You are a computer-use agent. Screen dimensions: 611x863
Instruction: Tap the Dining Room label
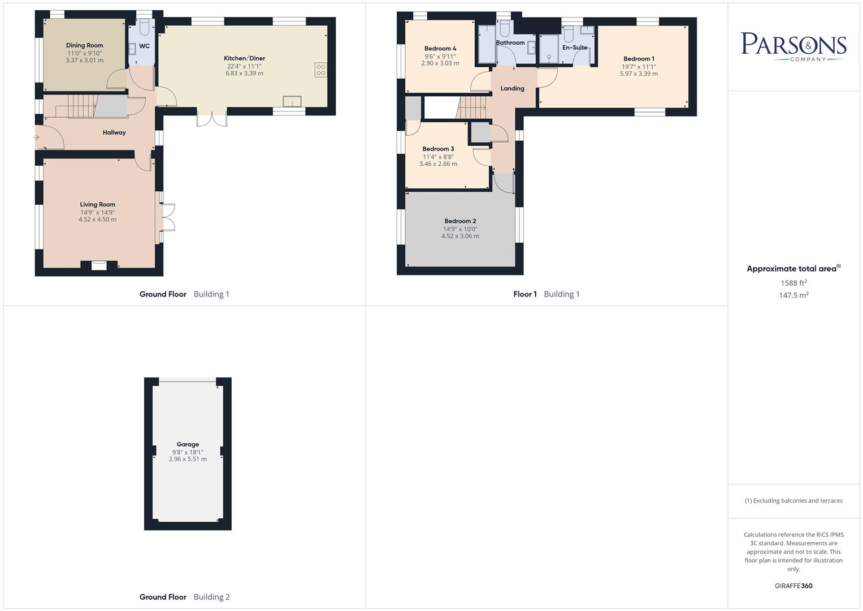coord(85,45)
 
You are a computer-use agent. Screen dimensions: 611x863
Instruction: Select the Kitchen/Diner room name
coord(244,58)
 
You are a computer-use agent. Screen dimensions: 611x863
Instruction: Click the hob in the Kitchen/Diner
coord(321,70)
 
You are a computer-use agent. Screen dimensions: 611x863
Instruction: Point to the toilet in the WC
coord(145,27)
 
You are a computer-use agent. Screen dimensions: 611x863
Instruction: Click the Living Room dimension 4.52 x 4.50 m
coord(97,220)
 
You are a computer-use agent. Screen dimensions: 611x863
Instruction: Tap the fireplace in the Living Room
coord(99,264)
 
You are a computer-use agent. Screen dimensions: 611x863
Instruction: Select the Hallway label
coord(114,132)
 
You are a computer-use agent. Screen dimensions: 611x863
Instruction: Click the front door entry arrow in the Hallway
coord(37,137)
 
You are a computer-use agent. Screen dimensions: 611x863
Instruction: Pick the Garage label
coord(188,445)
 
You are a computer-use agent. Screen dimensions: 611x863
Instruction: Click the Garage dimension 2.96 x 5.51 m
coord(188,459)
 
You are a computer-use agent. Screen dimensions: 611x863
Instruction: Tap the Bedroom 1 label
coord(639,59)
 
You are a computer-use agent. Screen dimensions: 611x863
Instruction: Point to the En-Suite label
coord(575,48)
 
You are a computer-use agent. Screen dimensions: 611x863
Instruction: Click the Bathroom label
coord(510,42)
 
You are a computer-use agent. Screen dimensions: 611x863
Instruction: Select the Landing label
coord(512,88)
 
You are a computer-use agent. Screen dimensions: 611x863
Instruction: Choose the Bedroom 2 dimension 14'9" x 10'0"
coord(460,229)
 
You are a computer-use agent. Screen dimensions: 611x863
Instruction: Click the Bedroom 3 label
coord(438,149)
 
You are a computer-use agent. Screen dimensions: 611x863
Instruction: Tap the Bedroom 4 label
coord(440,49)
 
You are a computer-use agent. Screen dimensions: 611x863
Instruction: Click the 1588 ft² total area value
coord(793,283)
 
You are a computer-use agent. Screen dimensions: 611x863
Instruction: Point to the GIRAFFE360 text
coord(793,586)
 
